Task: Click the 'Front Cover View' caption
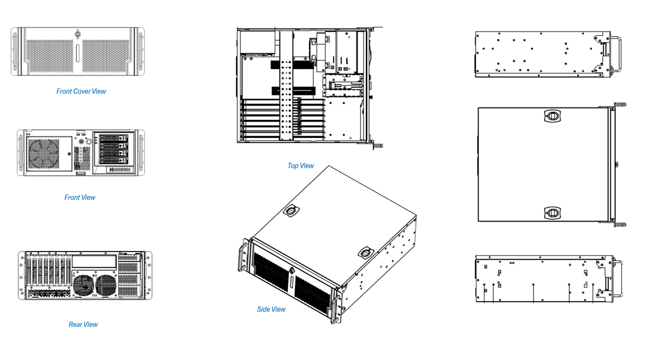coord(81,91)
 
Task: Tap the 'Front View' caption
coord(80,198)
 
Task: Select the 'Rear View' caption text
coord(83,325)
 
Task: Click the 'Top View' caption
coord(301,166)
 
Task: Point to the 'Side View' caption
coord(271,309)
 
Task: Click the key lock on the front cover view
coord(78,35)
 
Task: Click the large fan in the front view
coord(44,153)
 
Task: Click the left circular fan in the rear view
coord(84,285)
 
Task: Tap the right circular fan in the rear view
coord(106,285)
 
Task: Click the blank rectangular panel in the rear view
coord(94,261)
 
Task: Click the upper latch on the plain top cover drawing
coord(552,116)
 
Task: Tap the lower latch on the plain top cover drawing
coord(552,212)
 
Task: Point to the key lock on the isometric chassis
coord(292,271)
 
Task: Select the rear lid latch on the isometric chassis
coord(292,211)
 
